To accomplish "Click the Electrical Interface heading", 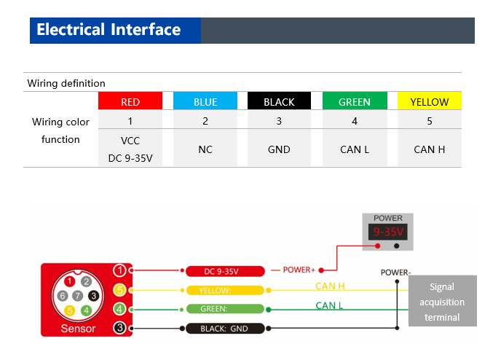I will (109, 30).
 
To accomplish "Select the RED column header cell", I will (130, 102).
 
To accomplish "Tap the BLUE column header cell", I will (205, 102).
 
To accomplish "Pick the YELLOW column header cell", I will (430, 102).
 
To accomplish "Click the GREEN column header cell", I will (355, 102).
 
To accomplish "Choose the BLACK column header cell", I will (279, 102).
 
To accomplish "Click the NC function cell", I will (205, 149).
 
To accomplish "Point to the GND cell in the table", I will (279, 149).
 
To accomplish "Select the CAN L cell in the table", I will (355, 149).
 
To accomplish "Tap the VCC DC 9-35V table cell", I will (130, 149).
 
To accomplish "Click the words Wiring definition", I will (66, 83).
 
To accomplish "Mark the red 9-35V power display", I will (387, 232).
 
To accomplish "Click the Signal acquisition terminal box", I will (442, 302).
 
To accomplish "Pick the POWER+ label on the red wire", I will (299, 270).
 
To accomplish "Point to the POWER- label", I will (395, 273).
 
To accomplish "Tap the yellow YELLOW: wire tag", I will (224, 290).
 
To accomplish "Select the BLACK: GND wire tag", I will (224, 329).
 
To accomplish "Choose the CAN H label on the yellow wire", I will (330, 286).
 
